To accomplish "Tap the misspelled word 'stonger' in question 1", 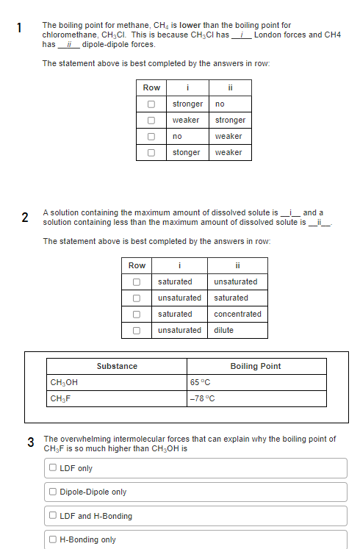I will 186,152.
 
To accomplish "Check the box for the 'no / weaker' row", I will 151,136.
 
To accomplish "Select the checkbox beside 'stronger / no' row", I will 151,104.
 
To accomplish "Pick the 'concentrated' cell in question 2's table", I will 237,314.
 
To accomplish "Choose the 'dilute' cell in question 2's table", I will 223,330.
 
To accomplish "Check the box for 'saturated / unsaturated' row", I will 137,281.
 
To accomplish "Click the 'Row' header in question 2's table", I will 137,265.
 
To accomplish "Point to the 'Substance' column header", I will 117,366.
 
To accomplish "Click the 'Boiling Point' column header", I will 255,366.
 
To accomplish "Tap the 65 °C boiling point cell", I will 200,382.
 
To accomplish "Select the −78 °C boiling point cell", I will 202,398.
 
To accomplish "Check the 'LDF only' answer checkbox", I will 54,468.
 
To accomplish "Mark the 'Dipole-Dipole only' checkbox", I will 54,492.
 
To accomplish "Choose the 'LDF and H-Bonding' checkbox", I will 54,516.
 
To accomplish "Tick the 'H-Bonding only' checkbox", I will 54,539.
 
